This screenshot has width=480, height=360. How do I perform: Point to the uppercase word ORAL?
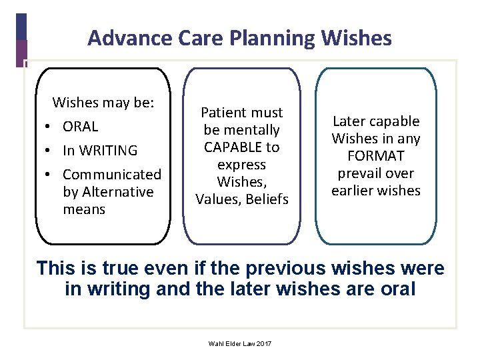[80, 127]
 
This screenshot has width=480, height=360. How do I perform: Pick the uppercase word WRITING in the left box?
[108, 151]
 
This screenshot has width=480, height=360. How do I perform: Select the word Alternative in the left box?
[117, 192]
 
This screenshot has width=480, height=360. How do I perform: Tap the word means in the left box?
[84, 209]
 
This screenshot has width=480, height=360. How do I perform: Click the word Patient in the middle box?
[223, 113]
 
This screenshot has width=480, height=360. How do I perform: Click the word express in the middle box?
[242, 164]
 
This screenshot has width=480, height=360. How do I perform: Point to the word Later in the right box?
[349, 121]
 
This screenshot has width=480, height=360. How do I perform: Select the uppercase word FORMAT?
[376, 156]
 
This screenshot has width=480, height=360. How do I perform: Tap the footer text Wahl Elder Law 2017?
[241, 343]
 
